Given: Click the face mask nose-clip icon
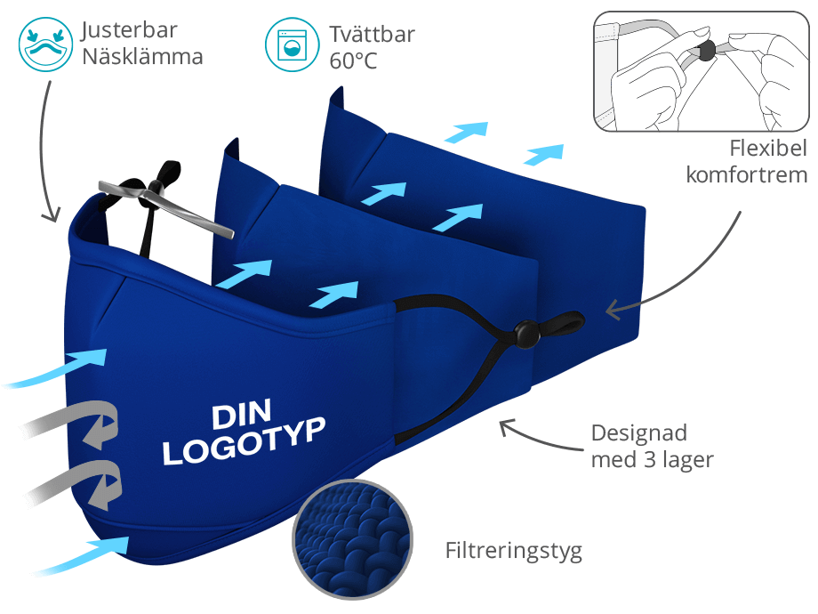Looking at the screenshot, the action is [x=45, y=44].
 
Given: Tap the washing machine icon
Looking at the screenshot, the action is [x=292, y=44].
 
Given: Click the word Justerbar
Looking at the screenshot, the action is [x=130, y=30].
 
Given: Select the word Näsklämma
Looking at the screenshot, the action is [x=142, y=56].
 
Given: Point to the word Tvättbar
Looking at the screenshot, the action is [x=372, y=35].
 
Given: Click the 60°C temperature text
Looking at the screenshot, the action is [x=353, y=61].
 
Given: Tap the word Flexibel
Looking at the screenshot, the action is [x=768, y=149].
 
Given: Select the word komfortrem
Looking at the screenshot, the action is [x=747, y=175].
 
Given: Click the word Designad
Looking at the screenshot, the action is [x=639, y=433].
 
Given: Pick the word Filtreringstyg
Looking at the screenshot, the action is [x=513, y=552].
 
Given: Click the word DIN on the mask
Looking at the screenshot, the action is [x=242, y=414].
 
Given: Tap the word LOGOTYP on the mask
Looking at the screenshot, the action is [x=245, y=441].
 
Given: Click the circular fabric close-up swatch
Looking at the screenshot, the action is [x=353, y=539].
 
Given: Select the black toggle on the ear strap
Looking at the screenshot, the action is [x=527, y=335].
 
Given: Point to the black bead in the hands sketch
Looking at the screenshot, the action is [x=706, y=52].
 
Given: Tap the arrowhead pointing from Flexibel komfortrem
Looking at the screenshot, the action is [x=612, y=310].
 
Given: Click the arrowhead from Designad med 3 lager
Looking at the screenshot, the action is [x=506, y=426].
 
